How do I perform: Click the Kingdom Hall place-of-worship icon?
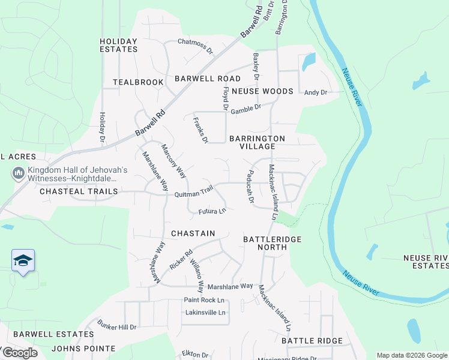[x=18, y=173]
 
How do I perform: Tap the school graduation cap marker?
[x=23, y=260]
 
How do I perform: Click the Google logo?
[x=19, y=353]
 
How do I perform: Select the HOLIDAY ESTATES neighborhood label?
[x=119, y=45]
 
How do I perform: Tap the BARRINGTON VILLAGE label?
[x=257, y=142]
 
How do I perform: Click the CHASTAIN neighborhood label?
[x=193, y=233]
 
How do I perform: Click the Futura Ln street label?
[x=212, y=211]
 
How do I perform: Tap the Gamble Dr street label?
[x=247, y=109]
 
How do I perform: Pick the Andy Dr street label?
[x=316, y=92]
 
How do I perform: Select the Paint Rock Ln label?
[x=204, y=300]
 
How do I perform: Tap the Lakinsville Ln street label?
[x=206, y=313]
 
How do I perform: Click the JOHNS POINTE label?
[x=83, y=349]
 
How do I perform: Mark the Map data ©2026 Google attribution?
[x=411, y=355]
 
